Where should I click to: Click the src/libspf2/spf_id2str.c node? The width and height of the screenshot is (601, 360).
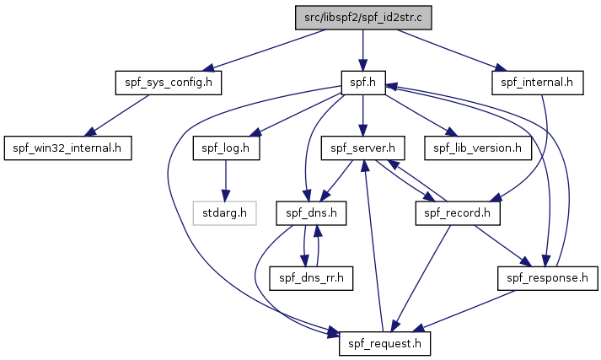point(363,18)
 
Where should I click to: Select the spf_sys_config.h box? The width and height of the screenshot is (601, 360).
point(169,83)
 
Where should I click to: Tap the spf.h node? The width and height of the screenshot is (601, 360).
point(363,83)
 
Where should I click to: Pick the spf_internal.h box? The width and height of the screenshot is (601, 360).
point(537,83)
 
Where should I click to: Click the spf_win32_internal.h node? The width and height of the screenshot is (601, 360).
point(67,148)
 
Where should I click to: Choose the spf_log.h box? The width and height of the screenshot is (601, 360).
point(226,148)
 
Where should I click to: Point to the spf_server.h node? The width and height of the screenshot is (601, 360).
point(362,148)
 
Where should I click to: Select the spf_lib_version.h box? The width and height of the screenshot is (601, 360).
point(478,148)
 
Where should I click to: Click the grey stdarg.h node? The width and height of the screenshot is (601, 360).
point(224,213)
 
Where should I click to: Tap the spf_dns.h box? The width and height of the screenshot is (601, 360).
point(311,213)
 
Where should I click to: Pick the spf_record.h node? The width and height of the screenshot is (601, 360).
point(458,213)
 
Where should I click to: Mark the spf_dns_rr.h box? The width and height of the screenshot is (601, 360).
point(311,278)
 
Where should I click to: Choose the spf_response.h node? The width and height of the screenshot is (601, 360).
point(547,278)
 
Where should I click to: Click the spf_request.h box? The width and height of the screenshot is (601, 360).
point(384,343)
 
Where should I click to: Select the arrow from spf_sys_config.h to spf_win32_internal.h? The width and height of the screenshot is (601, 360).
point(116,116)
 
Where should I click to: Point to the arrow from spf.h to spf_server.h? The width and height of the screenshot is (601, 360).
point(363,116)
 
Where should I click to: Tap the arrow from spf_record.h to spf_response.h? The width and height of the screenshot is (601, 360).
point(503,245)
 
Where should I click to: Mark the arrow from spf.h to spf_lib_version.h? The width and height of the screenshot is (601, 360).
point(421,116)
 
